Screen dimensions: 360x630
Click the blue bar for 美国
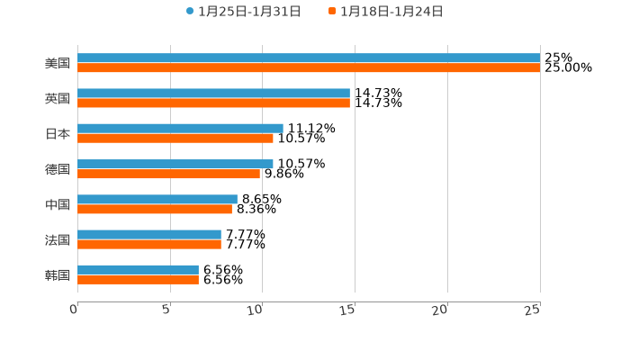point(309,58)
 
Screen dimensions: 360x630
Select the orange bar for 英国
point(213,103)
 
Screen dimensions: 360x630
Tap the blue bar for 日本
point(180,128)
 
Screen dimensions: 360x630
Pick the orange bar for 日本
point(175,139)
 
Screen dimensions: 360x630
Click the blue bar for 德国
point(175,164)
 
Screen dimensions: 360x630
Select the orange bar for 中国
point(155,210)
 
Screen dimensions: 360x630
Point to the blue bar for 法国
point(149,234)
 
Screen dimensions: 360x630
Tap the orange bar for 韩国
point(138,280)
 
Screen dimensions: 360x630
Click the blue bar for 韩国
point(138,269)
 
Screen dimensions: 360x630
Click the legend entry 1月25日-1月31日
point(244,11)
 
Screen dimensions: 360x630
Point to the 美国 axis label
point(58,63)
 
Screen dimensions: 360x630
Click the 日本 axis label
point(58,133)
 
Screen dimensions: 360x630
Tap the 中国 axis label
point(58,204)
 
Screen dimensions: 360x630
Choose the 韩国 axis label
point(58,274)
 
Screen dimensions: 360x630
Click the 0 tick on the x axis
point(74,310)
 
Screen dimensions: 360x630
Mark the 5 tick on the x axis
point(166,310)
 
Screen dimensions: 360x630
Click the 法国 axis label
point(58,239)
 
